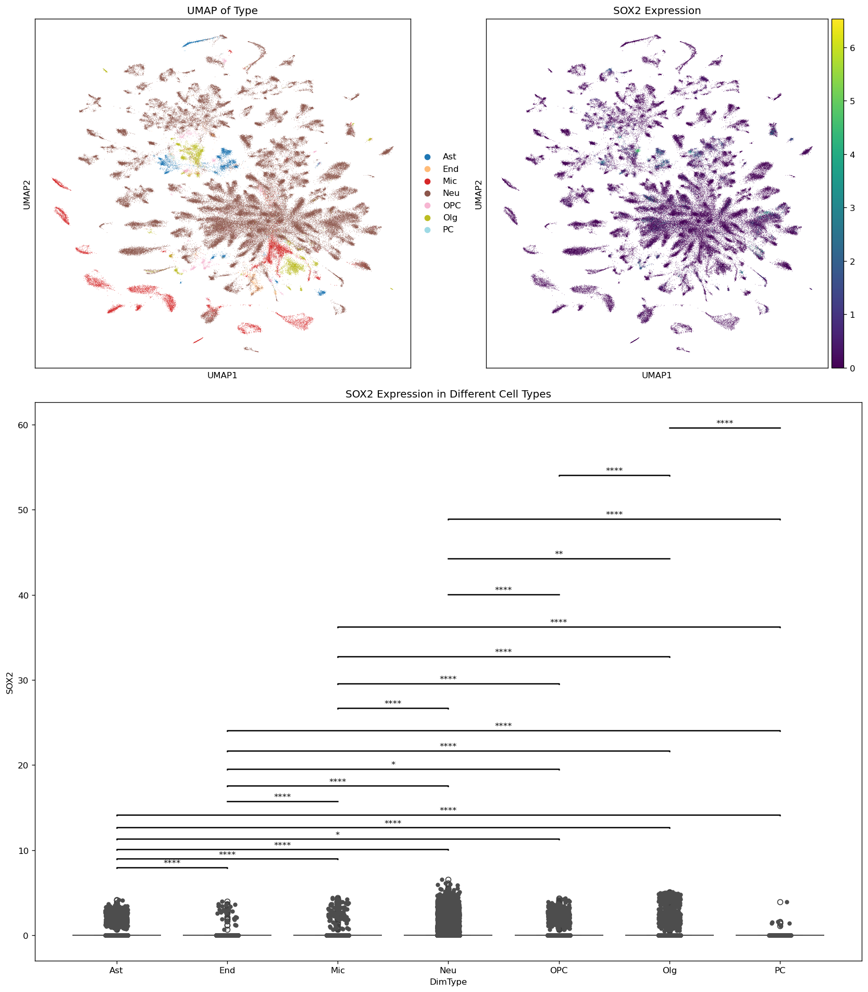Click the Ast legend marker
tap(428, 157)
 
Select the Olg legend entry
tap(450, 218)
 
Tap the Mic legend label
tap(450, 181)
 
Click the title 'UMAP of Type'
tap(222, 11)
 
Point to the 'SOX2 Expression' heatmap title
tap(656, 11)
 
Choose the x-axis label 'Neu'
tap(448, 971)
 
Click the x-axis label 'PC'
tap(780, 971)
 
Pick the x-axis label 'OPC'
tap(559, 971)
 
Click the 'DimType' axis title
tap(448, 982)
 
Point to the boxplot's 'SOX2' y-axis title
tap(9, 681)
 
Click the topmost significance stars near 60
tap(725, 423)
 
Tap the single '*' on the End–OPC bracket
tap(393, 764)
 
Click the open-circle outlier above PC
tap(780, 902)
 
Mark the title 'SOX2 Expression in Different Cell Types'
tap(448, 394)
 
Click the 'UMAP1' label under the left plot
tap(222, 375)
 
